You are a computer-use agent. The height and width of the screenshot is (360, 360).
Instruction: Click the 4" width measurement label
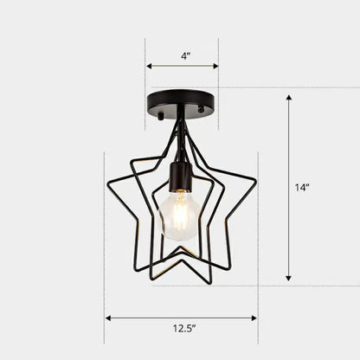click(183, 55)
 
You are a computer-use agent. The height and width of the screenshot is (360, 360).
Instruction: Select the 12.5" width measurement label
click(182, 329)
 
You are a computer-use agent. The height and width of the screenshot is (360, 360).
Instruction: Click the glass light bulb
click(180, 216)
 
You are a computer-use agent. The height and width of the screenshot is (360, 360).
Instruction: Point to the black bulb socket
click(180, 177)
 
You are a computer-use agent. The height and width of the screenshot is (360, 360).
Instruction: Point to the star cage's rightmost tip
click(256, 178)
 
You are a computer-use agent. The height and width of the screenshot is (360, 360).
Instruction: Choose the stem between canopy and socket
click(181, 130)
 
